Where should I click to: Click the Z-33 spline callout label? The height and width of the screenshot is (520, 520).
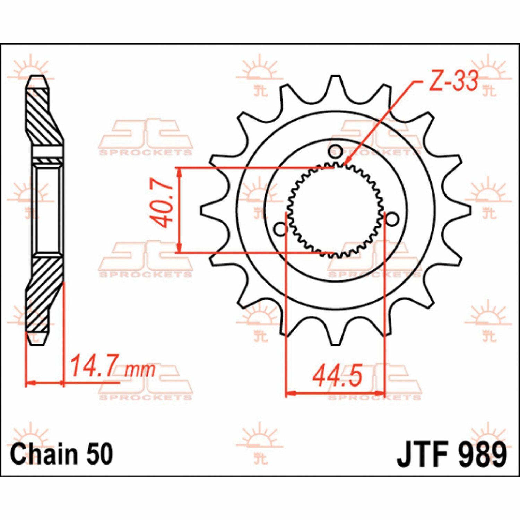click(453, 81)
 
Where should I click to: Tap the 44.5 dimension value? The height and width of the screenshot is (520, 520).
click(337, 376)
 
